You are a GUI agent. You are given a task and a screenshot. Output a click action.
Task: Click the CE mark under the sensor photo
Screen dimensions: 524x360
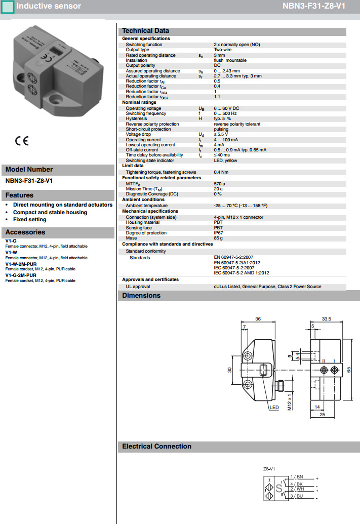tap(22, 141)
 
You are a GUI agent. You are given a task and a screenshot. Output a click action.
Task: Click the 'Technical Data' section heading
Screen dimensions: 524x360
tap(145, 31)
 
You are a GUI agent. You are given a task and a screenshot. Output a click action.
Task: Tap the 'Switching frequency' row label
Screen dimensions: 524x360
tap(146, 114)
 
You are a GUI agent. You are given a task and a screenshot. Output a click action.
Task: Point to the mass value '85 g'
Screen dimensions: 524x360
tap(218, 238)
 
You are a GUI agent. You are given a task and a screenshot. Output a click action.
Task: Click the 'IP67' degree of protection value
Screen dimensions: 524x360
tap(218, 233)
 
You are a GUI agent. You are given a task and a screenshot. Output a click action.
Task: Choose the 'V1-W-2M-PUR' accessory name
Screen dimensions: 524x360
tap(21, 264)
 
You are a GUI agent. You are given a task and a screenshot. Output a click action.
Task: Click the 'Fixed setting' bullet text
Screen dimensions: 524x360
tap(29, 219)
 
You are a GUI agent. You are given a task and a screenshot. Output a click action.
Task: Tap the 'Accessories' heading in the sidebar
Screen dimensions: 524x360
tap(25, 232)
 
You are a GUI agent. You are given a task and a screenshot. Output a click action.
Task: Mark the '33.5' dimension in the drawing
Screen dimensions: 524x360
tap(326, 319)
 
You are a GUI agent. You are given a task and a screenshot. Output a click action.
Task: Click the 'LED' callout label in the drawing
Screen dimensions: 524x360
tap(274, 407)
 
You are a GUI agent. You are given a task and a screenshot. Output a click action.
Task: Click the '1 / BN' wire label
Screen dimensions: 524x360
tap(297, 477)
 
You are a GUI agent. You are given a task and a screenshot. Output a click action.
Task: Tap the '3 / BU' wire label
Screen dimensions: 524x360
tap(297, 496)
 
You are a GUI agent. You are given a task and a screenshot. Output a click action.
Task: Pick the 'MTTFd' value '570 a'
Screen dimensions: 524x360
tap(219, 184)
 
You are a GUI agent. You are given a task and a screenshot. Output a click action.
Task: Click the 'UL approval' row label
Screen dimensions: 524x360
tap(138, 287)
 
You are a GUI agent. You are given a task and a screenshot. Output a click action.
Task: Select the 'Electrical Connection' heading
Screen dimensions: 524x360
tap(156, 446)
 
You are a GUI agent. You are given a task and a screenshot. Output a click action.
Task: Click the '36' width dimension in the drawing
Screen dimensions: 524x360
tap(258, 319)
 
